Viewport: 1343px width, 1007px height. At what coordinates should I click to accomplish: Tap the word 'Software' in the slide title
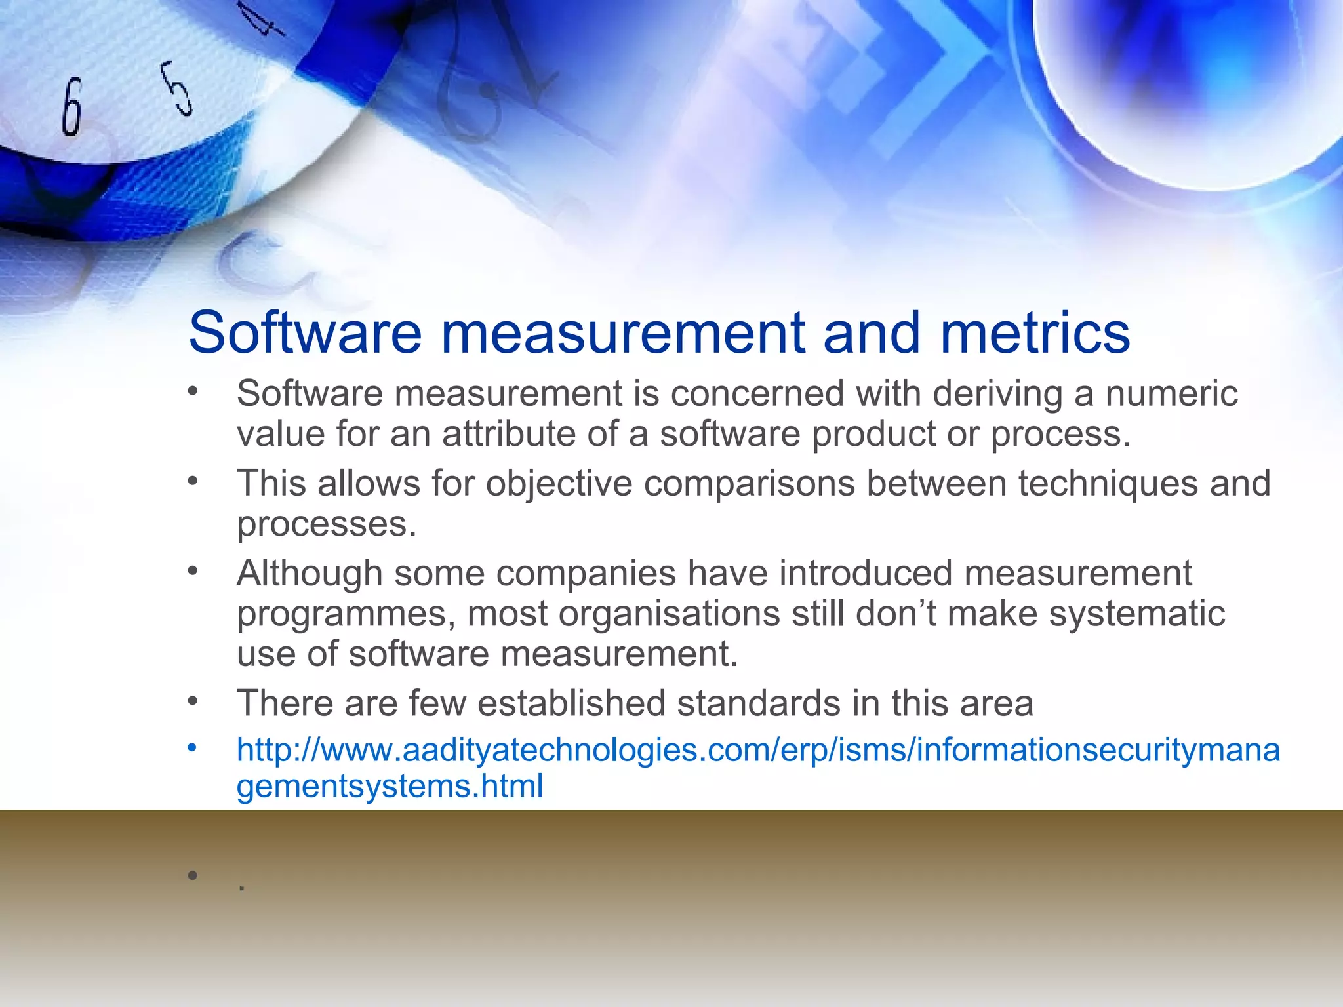(x=305, y=332)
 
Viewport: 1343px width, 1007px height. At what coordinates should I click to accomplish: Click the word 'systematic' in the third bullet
(x=1136, y=614)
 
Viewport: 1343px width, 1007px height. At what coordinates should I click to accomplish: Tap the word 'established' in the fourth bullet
(x=571, y=703)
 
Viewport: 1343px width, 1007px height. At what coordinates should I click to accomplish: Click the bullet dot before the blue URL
(x=192, y=748)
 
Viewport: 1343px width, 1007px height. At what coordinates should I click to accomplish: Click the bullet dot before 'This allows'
(x=192, y=482)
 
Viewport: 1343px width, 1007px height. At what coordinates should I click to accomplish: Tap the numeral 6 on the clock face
(x=71, y=107)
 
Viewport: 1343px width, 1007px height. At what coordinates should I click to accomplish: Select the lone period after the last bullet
(x=242, y=888)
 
